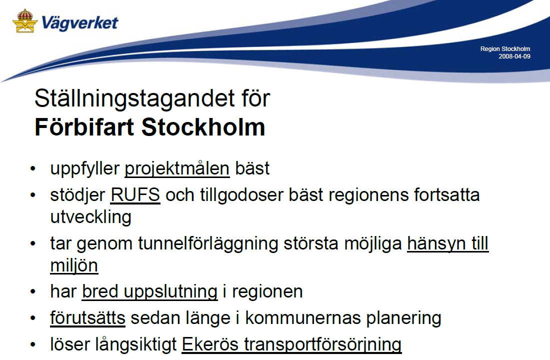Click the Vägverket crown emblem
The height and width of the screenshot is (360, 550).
coord(25,21)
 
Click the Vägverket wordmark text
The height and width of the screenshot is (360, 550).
coord(80,23)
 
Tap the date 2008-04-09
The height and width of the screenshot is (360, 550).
coord(514,56)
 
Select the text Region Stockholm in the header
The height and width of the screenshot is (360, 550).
coord(505,49)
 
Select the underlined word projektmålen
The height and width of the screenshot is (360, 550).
coord(177,169)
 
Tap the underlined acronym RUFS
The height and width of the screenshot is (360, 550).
coord(135,195)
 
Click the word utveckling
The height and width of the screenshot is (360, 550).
coord(91,217)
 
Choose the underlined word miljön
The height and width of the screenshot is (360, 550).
coord(74,265)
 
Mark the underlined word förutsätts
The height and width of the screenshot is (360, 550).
coord(87,318)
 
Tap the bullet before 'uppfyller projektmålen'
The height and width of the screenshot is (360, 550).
coord(33,169)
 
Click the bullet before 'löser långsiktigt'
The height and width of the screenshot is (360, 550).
coord(33,344)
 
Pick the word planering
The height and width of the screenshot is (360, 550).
coord(403,318)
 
